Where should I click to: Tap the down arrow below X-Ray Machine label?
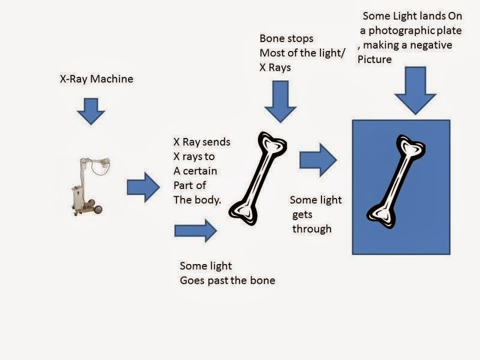pyautogui.click(x=91, y=112)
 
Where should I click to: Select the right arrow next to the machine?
pyautogui.click(x=143, y=187)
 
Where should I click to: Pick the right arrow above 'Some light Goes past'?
pyautogui.click(x=196, y=230)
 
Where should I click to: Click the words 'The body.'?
pyautogui.click(x=197, y=200)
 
